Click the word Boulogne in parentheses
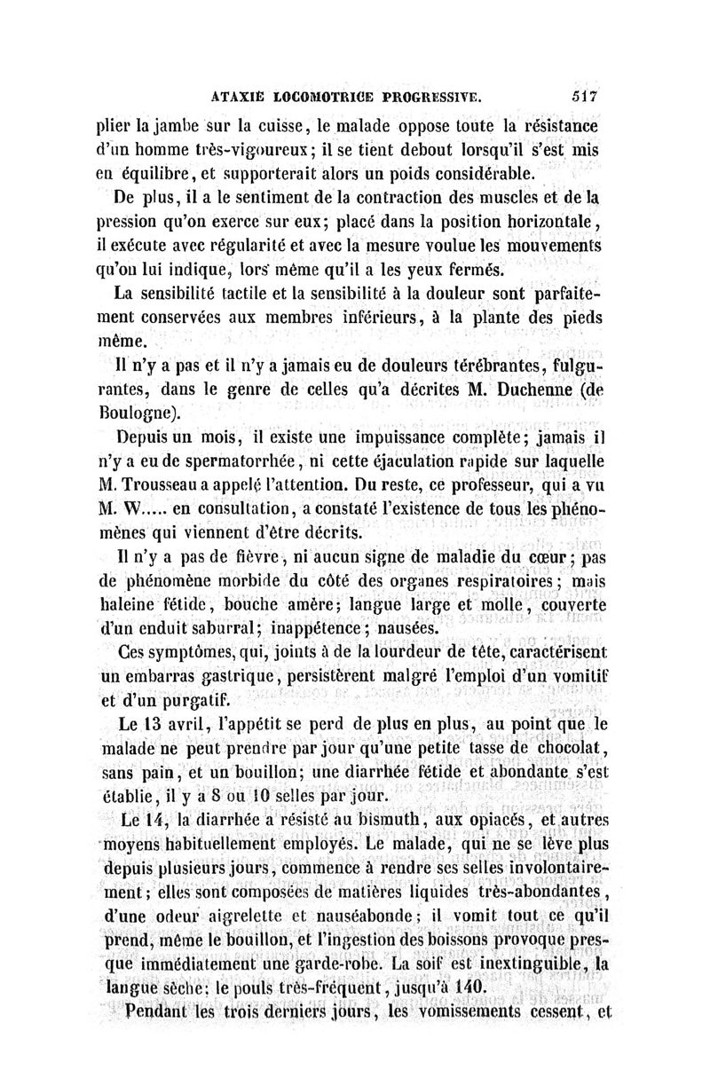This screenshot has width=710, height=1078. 146,411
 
